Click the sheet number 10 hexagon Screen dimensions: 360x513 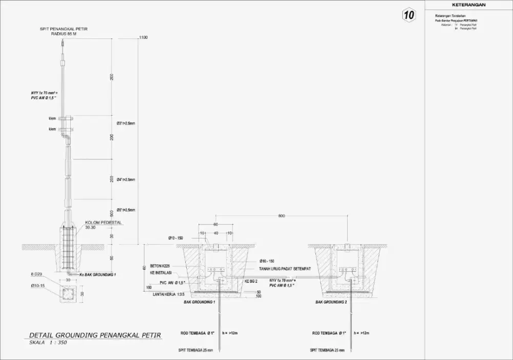(x=408, y=15)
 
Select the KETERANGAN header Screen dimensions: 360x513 (x=469, y=5)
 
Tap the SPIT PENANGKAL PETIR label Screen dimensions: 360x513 (x=64, y=29)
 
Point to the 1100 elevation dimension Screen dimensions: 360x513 (x=143, y=37)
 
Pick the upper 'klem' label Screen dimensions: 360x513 (x=52, y=118)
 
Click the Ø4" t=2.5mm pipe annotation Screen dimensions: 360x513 (x=126, y=179)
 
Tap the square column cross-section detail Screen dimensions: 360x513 (x=67, y=294)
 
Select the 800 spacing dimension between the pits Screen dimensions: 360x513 (x=281, y=216)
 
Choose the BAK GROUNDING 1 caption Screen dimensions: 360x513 (x=199, y=303)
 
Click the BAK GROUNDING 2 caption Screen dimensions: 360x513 (x=331, y=303)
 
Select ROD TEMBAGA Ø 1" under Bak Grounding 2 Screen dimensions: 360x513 (x=330, y=333)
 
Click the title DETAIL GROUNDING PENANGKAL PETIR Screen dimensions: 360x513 (x=95, y=335)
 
